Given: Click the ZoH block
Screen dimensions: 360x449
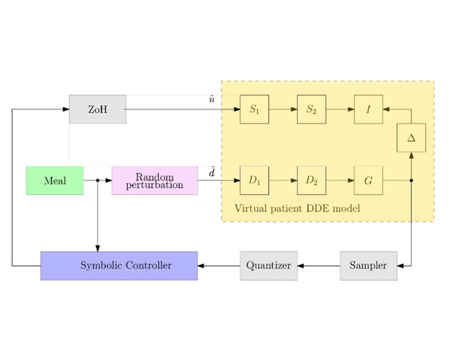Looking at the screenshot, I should point(98,109).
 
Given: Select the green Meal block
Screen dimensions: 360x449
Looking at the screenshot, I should point(55,181).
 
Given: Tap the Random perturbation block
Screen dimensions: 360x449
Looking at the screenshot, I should point(155,181).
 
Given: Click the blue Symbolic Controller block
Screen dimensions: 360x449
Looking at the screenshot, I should point(119,266).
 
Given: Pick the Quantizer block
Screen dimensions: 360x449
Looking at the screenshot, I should point(268,266).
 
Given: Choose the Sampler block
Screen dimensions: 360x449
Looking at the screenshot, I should point(368,266).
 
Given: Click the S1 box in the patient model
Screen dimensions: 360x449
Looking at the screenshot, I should point(254,109).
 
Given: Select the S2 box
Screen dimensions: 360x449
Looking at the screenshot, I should point(311,109).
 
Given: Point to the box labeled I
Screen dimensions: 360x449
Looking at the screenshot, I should point(368,109).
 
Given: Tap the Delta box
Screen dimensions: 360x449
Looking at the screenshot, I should point(411,138).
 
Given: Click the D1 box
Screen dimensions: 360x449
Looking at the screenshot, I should point(254,181).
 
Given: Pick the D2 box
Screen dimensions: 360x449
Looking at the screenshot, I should point(311,181).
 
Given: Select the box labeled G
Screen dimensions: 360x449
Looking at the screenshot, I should point(368,181).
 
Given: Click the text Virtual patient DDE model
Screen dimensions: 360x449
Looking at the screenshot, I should point(297,209).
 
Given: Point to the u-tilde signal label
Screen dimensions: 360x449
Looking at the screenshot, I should point(212,100).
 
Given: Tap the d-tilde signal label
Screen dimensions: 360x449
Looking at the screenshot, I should point(212,173).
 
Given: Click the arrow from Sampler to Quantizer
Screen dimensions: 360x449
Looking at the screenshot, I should point(318,266).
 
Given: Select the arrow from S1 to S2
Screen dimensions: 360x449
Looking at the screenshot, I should point(283,109).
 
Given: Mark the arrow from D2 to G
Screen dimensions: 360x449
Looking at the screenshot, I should point(340,181).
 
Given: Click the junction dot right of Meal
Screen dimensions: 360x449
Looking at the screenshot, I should point(98,181).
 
